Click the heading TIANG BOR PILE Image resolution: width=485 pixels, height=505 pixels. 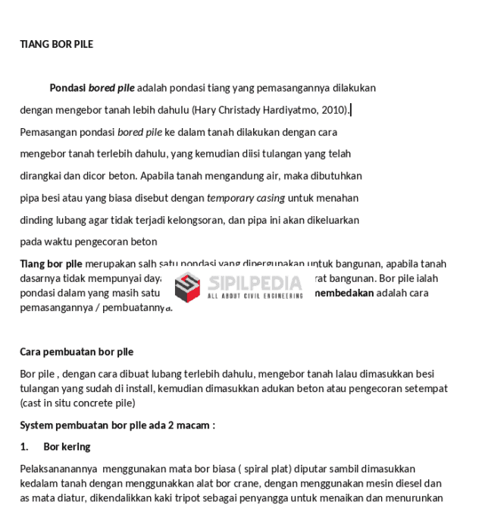(56, 44)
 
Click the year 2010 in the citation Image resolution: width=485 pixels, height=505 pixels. (333, 110)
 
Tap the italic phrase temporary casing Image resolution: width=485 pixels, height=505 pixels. (246, 198)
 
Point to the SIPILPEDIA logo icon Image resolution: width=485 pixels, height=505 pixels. (187, 286)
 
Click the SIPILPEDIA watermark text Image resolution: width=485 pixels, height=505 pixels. (255, 283)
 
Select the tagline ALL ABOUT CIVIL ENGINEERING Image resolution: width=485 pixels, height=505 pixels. (255, 296)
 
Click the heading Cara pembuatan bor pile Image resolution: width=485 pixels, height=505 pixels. (77, 352)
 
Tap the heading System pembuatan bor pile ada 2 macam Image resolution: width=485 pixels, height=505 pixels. (117, 425)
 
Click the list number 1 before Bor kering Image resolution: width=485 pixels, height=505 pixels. (23, 447)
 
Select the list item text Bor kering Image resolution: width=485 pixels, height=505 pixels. (67, 447)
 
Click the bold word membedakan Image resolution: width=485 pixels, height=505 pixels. (344, 293)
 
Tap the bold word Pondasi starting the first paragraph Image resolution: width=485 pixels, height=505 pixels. (67, 88)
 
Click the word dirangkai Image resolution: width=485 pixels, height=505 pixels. (40, 176)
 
